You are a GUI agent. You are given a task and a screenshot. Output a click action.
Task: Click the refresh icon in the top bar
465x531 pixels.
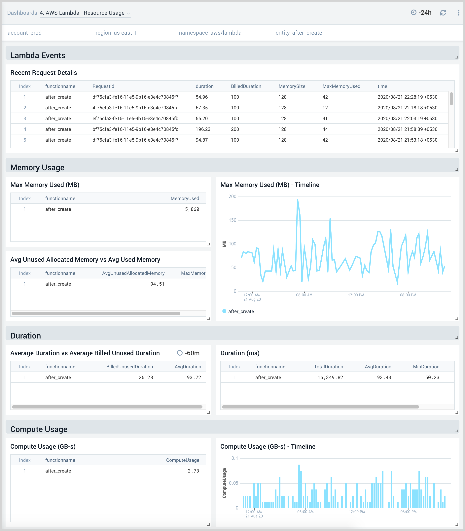coord(443,13)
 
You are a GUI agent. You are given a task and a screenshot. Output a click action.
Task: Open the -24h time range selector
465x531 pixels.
coord(421,13)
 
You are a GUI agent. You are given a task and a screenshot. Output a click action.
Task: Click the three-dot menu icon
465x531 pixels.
coord(458,13)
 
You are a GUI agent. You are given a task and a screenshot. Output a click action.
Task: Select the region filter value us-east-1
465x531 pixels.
coord(125,33)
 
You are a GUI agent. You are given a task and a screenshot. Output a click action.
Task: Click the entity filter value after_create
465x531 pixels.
coord(307,33)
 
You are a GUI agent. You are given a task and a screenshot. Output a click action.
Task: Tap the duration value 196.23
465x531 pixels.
coord(203,129)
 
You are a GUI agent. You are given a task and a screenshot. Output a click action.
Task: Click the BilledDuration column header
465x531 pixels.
coord(246,86)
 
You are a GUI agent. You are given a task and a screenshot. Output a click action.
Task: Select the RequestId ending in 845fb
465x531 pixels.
coord(135,119)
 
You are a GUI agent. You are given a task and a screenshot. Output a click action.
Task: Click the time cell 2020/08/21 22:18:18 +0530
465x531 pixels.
coord(407,108)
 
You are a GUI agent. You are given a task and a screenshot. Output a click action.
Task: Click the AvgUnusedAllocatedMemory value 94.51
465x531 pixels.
coord(157,284)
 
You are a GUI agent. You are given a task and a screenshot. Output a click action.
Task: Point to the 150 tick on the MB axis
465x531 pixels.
coord(232,220)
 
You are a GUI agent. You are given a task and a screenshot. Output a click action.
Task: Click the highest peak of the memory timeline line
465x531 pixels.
coord(297,200)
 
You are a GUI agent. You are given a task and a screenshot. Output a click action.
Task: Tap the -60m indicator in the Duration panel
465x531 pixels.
coord(189,353)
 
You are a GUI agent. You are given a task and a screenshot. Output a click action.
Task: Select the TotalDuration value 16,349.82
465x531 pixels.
coord(330,377)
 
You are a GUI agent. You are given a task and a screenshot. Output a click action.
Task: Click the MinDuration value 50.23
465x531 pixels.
coord(432,377)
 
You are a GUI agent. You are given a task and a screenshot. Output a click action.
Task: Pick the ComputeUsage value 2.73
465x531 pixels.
coord(193,471)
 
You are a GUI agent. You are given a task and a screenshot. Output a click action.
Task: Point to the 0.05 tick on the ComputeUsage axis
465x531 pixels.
coord(233,483)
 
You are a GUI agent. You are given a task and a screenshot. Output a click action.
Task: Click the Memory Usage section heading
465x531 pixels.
coord(37,168)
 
